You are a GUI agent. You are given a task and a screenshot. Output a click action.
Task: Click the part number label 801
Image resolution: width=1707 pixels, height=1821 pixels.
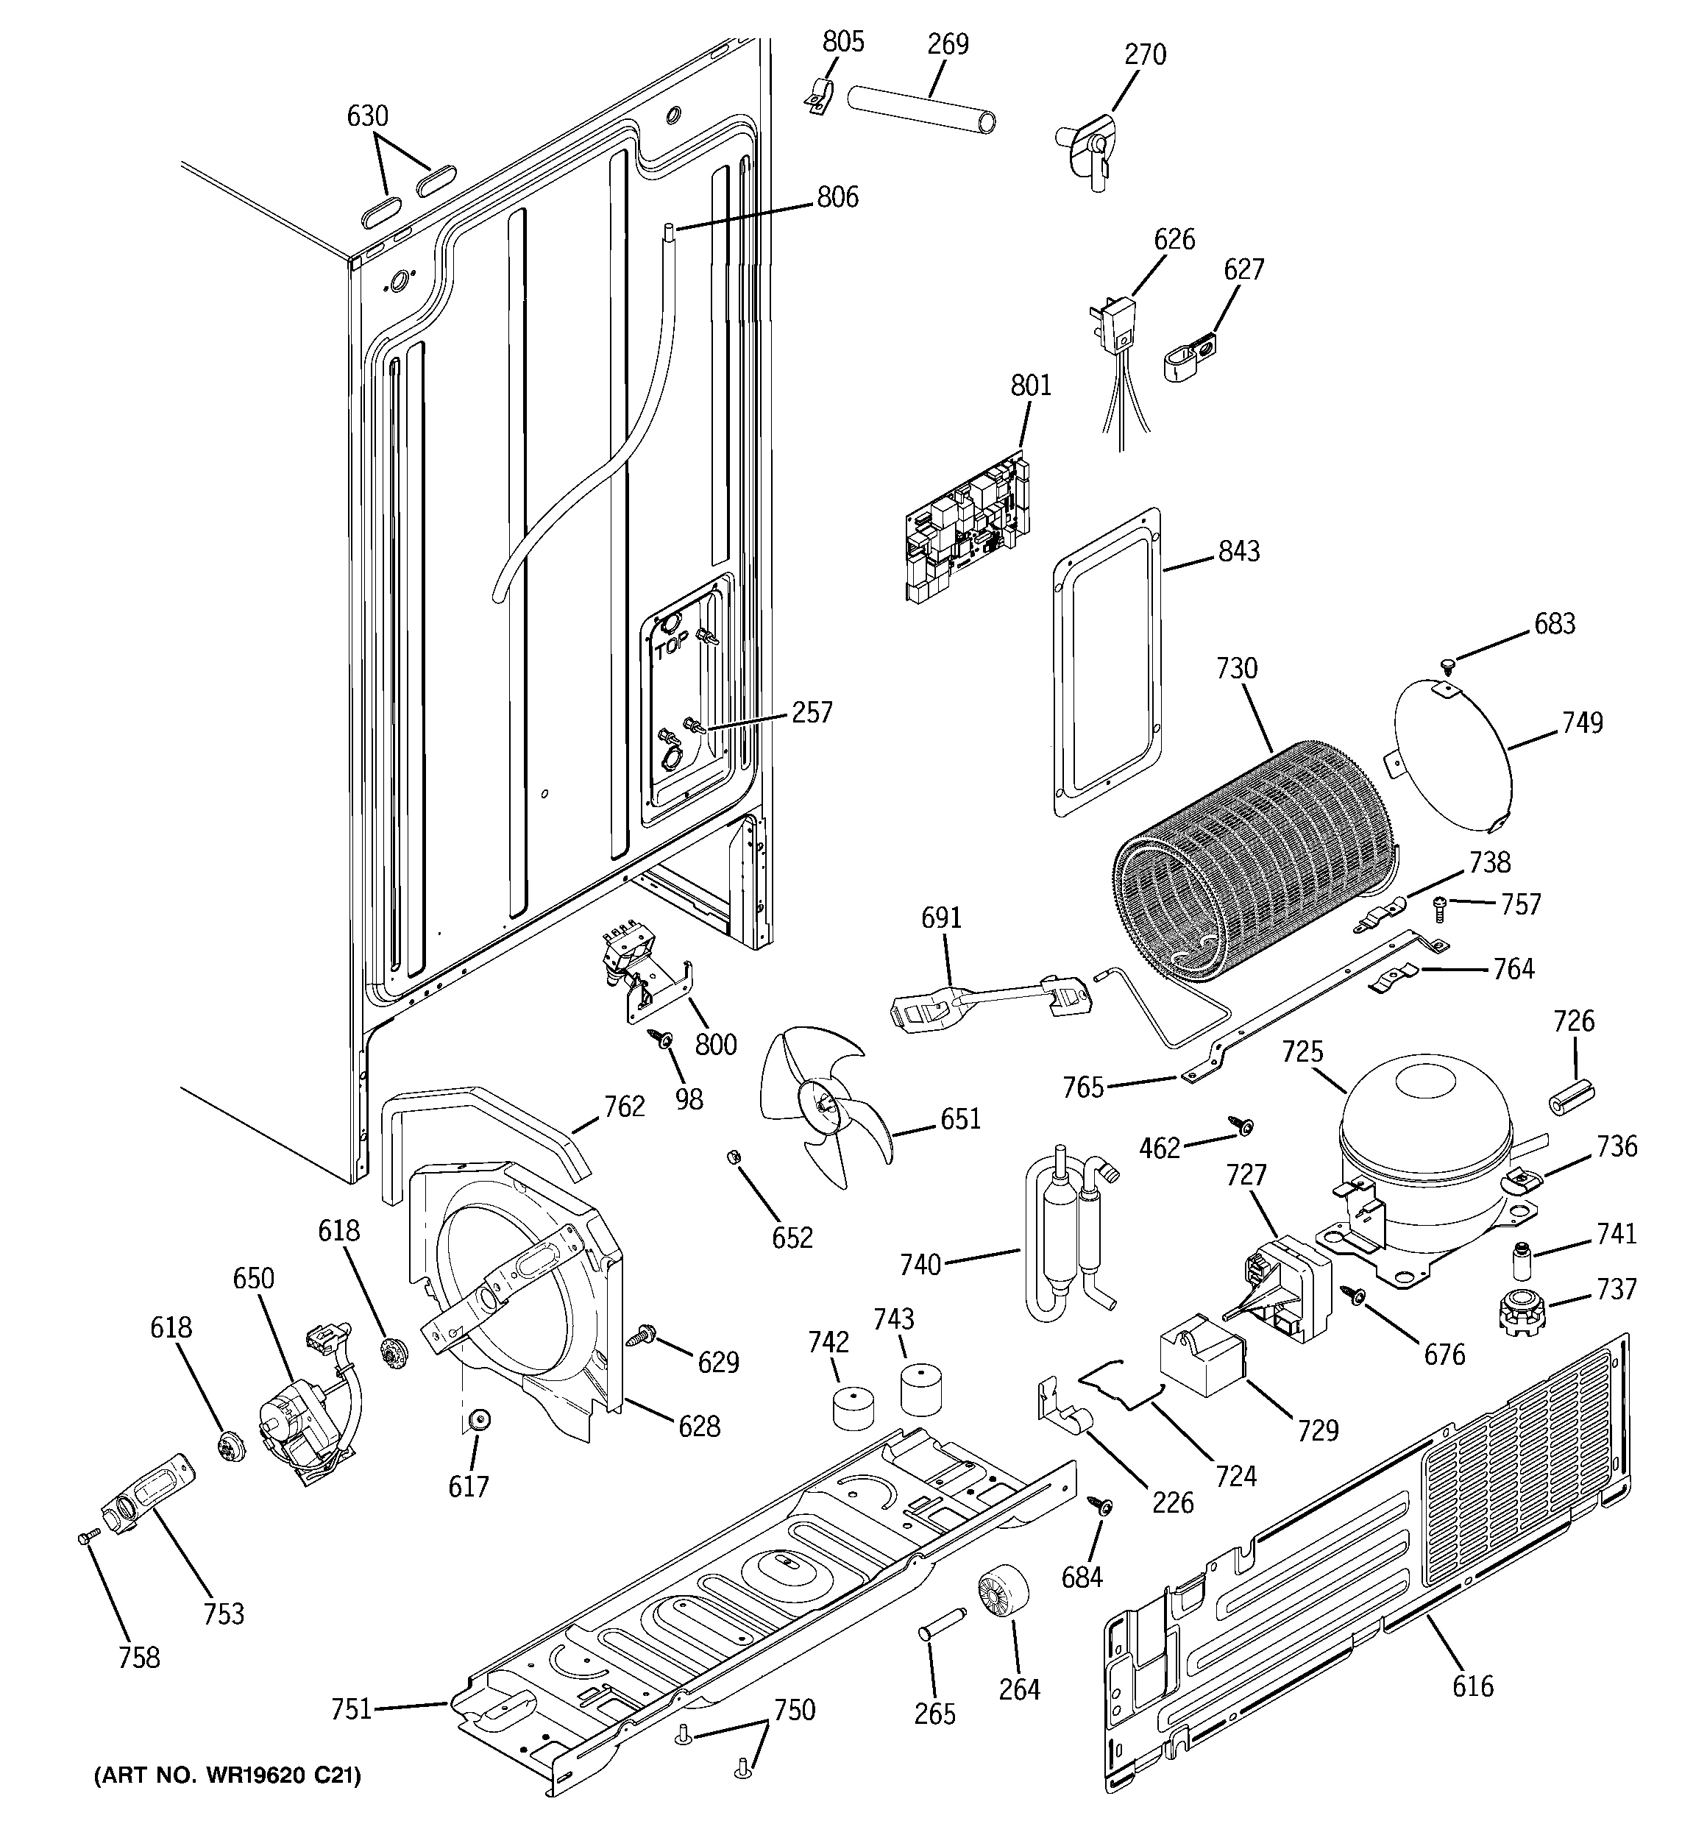coord(1031,385)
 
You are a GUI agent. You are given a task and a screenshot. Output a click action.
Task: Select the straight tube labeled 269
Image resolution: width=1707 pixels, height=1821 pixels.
coord(921,110)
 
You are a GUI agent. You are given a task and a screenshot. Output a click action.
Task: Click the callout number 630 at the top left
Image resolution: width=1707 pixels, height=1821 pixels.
coord(367,116)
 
